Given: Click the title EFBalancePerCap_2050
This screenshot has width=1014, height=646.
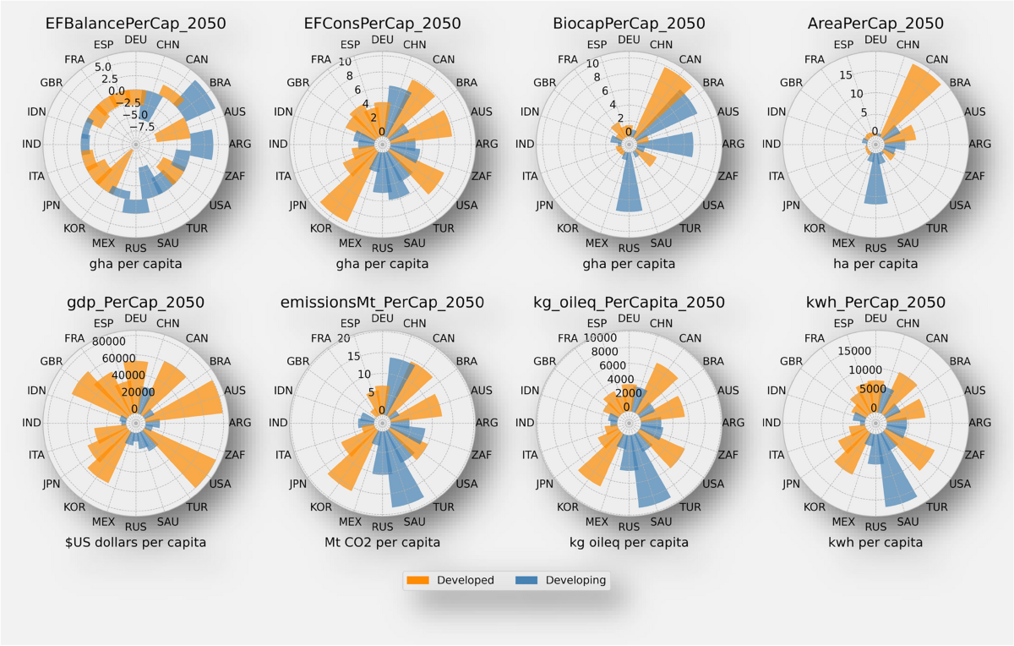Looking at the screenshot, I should click(135, 24).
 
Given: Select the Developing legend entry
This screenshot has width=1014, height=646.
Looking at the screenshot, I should click(561, 580).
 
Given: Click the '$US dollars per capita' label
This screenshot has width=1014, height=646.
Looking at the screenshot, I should click(135, 542).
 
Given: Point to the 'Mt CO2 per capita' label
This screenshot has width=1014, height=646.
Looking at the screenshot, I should click(382, 542).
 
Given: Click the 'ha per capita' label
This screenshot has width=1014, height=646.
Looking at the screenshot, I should click(876, 264).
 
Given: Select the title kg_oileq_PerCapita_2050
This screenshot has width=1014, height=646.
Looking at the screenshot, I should click(629, 302).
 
